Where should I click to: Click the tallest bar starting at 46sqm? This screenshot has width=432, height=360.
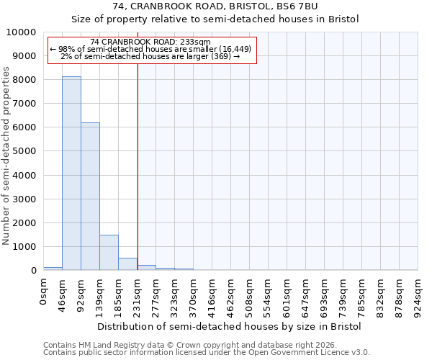[x=71, y=174]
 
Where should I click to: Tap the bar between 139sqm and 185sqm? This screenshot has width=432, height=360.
[x=109, y=253]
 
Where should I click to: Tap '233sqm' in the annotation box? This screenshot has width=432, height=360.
[x=194, y=42]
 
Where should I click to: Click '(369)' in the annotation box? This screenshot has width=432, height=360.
[x=219, y=55]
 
